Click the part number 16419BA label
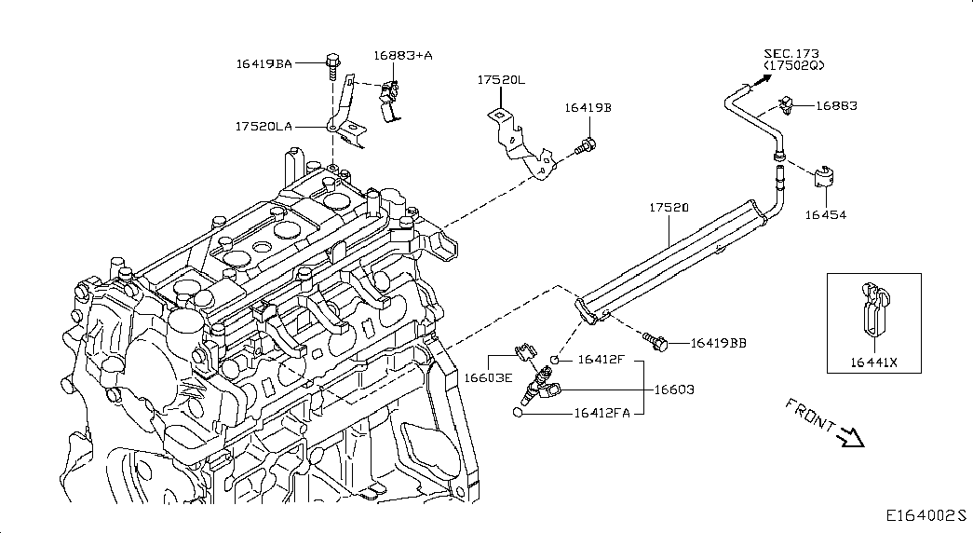(x=264, y=63)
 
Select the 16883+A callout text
(x=403, y=55)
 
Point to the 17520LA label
(x=264, y=126)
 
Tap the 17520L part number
(x=501, y=80)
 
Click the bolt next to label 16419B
(x=585, y=147)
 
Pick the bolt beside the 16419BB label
(x=655, y=341)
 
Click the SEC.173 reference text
(x=791, y=54)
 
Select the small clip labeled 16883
(x=787, y=106)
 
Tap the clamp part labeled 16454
(x=823, y=177)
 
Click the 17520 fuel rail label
(x=669, y=208)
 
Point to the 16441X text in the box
(x=873, y=362)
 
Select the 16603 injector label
(x=674, y=389)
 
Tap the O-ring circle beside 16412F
(x=555, y=360)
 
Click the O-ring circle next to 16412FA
(x=518, y=413)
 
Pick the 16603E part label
(x=488, y=377)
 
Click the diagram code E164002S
(x=926, y=515)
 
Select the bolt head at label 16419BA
(x=332, y=61)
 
